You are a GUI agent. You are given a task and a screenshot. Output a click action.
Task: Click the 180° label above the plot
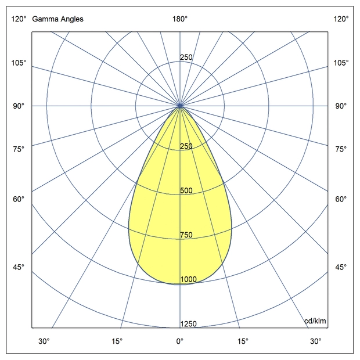[x=179, y=19]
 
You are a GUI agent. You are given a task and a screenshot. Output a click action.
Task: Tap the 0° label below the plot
[x=179, y=341]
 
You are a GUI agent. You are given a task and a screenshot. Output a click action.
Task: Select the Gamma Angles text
[x=57, y=19]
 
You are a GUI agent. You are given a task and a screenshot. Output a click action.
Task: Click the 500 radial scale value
[x=186, y=190]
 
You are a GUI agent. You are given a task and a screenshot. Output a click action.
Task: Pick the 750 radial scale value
[x=186, y=235]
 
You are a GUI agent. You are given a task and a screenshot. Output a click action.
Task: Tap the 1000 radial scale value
[x=188, y=280]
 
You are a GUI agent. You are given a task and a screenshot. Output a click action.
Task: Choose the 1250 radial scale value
[x=188, y=324]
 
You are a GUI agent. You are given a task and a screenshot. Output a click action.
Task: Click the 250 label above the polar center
[x=186, y=57]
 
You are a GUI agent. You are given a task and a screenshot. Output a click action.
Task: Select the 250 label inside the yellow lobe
[x=186, y=146]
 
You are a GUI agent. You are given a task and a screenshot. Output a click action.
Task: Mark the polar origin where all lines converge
[x=180, y=106]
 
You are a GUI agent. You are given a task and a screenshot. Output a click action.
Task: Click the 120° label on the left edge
[x=19, y=19]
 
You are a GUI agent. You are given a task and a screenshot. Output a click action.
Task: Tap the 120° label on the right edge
[x=341, y=19]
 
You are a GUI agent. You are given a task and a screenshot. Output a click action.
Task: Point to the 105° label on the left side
[x=19, y=63]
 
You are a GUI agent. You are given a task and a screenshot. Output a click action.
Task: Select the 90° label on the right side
[x=341, y=106]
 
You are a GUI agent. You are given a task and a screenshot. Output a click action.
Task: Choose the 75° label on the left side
[x=19, y=149]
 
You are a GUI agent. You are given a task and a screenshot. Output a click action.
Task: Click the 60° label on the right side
[x=341, y=199]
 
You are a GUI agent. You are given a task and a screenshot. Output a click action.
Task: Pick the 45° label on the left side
[x=19, y=267]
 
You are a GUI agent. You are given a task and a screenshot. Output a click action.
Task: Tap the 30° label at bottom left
[x=44, y=341]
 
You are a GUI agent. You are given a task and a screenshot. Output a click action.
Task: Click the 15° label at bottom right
[x=243, y=341]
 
